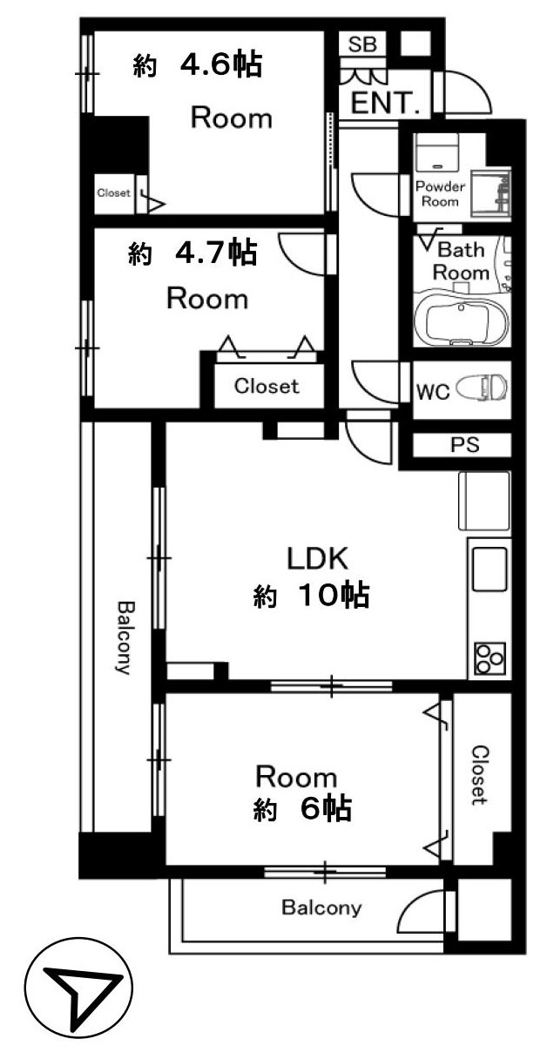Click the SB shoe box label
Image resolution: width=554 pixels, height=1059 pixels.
tap(362, 44)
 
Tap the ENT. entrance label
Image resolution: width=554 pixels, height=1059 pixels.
tap(385, 103)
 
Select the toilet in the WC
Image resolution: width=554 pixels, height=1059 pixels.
tap(481, 388)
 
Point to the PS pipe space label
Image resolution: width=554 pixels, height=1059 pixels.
tap(465, 444)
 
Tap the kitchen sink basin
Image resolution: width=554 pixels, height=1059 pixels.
tap(490, 570)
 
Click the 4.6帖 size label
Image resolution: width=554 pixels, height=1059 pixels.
tap(220, 65)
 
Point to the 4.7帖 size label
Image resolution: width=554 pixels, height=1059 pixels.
tap(216, 252)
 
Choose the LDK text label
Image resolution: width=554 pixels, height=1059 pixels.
tap(318, 558)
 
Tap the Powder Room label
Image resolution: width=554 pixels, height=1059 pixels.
tap(440, 194)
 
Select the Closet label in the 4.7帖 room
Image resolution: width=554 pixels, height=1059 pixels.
tap(267, 387)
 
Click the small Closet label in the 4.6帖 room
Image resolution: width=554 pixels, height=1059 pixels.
tap(113, 192)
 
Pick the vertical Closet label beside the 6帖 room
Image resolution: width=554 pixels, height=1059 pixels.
tap(479, 775)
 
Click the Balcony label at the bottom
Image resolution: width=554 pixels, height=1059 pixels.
tap(322, 907)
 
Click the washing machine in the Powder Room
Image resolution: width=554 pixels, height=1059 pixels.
tap(436, 152)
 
